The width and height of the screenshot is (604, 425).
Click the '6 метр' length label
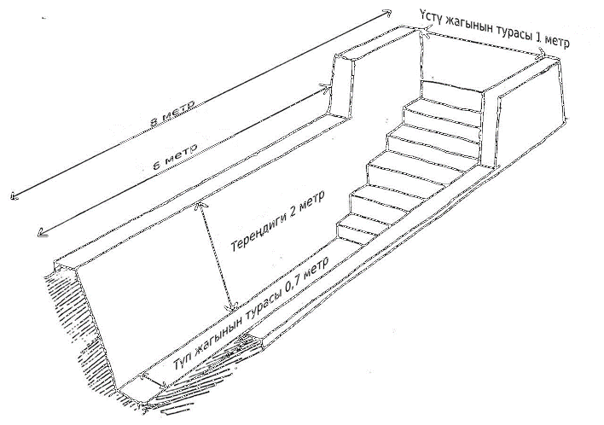coord(176,156)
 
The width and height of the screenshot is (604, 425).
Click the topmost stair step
coord(451,91)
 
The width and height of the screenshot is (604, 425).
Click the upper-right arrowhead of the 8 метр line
coord(386,15)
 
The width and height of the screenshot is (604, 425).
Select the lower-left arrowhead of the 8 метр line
coord(15,196)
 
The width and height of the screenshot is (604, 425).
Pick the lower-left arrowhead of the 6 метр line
coord(43,232)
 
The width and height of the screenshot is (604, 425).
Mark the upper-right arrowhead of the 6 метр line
coord(327,88)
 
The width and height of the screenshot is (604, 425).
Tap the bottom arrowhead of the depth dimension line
coord(231,306)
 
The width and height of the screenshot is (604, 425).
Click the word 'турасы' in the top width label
coord(513,32)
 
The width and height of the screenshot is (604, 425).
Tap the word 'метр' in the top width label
coord(558,42)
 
